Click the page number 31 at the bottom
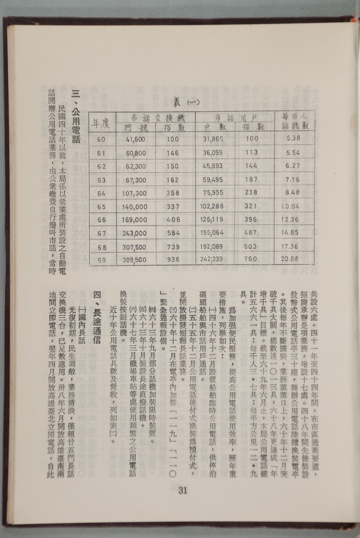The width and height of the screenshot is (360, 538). coord(183,490)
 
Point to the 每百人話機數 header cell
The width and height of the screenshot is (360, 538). coord(293,121)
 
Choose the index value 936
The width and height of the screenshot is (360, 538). coord(173,260)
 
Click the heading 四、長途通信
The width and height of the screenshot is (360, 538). coord(96,315)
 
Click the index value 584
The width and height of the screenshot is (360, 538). coord(173,233)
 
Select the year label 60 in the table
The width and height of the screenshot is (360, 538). coord(101,139)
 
